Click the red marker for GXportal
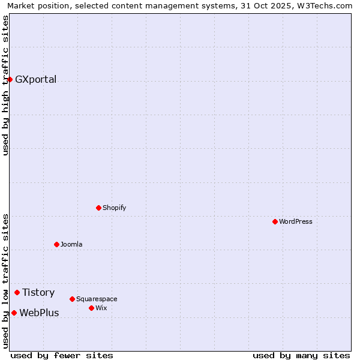pos(10,79)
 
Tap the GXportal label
pos(35,80)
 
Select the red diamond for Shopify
pos(98,208)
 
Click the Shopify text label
pos(114,208)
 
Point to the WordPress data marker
pos(275,221)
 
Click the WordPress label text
pos(295,222)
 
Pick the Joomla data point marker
pos(56,244)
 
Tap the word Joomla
pos(71,245)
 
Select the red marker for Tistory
pos(17,292)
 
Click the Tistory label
pos(38,293)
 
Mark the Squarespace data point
pos(72,299)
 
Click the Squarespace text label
pos(97,299)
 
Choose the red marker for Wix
pos(91,308)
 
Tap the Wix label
pos(101,308)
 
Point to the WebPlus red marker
pos(14,313)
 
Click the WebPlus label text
pos(39,313)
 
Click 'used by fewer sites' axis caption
pos(62,355)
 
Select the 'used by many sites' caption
pos(301,355)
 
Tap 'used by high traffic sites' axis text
pos(6,85)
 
